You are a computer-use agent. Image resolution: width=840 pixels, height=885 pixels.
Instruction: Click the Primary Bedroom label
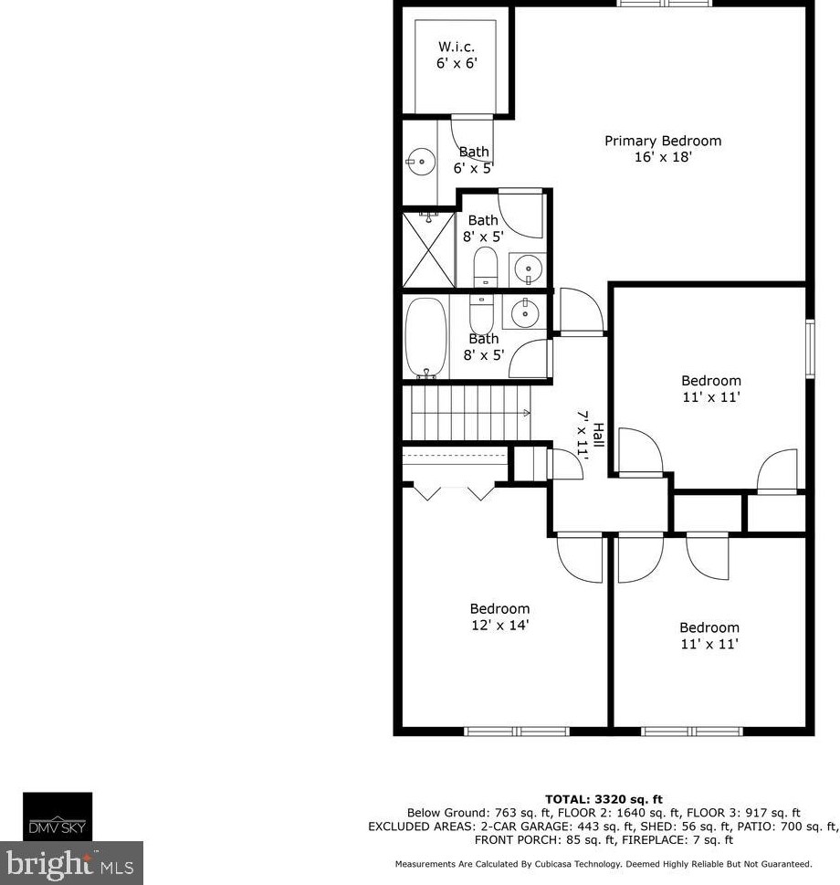663,141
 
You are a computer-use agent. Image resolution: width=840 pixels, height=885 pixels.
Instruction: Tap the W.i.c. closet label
457,46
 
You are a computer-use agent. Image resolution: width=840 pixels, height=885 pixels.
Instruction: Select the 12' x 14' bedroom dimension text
499,626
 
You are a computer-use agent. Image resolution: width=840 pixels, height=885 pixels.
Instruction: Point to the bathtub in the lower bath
426,337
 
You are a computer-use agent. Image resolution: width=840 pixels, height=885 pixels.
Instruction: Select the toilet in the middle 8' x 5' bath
484,266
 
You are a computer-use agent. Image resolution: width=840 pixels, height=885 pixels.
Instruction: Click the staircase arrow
527,413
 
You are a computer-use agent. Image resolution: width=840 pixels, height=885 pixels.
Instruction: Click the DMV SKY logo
58,816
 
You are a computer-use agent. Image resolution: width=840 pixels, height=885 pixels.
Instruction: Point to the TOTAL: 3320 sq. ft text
604,799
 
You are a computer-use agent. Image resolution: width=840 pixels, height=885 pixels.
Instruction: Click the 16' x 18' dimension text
663,157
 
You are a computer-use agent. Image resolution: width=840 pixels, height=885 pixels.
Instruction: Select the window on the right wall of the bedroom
809,347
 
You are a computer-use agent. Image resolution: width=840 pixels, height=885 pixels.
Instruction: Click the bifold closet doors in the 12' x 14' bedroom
453,490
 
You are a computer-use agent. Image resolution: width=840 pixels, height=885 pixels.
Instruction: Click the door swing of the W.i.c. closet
471,132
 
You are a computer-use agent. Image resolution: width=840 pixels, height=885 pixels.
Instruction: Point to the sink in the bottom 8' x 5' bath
525,313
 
